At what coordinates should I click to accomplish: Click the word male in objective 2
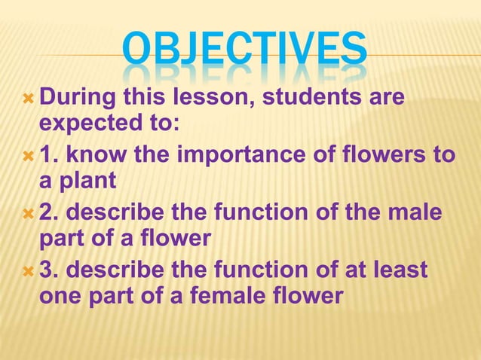[x=416, y=213]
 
